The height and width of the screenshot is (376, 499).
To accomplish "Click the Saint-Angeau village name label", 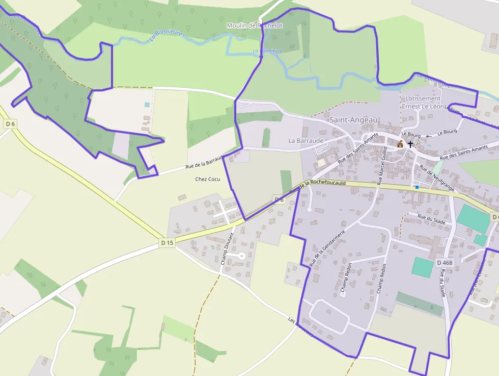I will (x=354, y=120).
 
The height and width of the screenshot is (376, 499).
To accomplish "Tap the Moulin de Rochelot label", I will (x=254, y=25).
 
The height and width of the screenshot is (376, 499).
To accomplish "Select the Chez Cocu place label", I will (x=207, y=180).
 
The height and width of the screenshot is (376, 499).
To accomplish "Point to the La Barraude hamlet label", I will (x=306, y=140).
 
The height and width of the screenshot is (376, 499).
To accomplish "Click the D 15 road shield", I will (x=167, y=243).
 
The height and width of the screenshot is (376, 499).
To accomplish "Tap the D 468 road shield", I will (x=445, y=263).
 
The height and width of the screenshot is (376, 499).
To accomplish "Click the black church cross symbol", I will (x=410, y=144).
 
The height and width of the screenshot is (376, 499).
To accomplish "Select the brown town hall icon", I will (x=400, y=144).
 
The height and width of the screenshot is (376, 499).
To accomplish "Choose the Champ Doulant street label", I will (x=227, y=248).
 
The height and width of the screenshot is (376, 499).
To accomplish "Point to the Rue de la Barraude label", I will (x=205, y=162).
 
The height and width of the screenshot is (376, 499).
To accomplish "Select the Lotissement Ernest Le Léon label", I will (x=423, y=102).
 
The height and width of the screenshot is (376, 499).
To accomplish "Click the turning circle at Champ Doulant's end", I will (x=242, y=256).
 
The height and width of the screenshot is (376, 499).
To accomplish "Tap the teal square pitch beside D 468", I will (x=422, y=267).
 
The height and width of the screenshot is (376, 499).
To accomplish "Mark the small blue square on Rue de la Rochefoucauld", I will (x=417, y=187).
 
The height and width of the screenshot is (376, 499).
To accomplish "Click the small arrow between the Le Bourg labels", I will (x=429, y=135).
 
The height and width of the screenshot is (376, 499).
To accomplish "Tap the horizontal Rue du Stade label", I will (x=431, y=219).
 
